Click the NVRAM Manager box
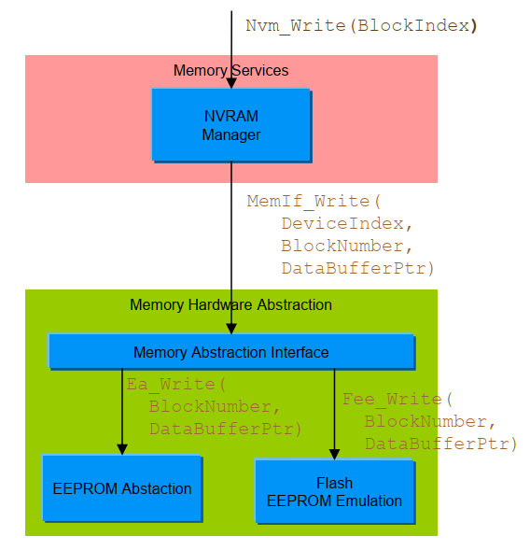[230, 124]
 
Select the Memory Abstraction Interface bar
[230, 352]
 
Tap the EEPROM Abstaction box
[121, 488]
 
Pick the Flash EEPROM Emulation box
[333, 491]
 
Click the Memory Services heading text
[230, 71]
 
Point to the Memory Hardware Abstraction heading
[230, 305]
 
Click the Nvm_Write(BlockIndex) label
[361, 25]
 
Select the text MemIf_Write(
[314, 202]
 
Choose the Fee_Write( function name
[397, 400]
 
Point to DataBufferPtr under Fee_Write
[440, 444]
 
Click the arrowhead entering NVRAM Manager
[231, 83]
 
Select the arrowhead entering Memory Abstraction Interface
[231, 328]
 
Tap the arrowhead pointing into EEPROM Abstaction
[122, 449]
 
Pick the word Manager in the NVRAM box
[230, 135]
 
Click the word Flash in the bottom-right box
[334, 483]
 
